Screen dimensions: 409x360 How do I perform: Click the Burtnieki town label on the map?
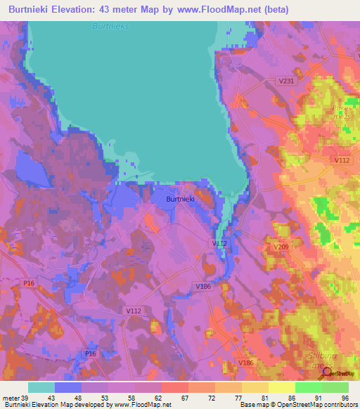tap(180, 199)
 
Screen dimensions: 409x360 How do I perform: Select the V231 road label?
tap(286, 82)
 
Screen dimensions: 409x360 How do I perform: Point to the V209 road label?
tap(281, 247)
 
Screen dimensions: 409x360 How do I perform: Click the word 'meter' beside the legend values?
tap(11, 397)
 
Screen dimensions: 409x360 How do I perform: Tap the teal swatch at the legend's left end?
tap(41, 387)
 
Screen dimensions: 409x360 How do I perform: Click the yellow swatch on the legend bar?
tap(282, 387)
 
